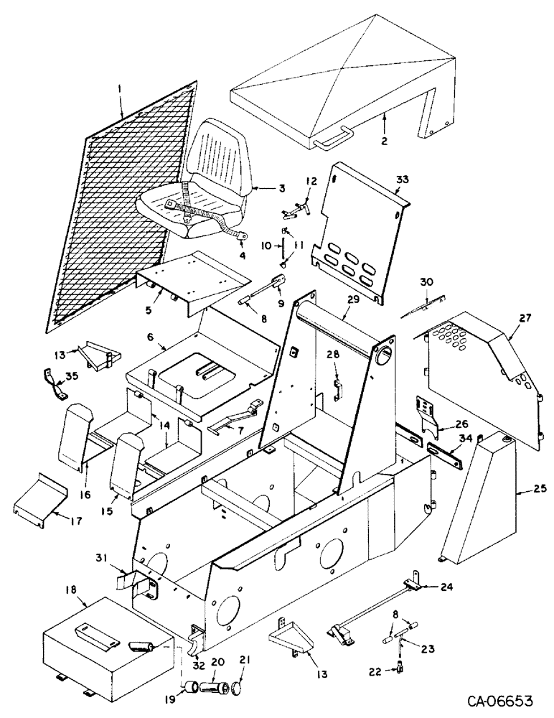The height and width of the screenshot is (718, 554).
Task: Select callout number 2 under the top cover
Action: tap(385, 141)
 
